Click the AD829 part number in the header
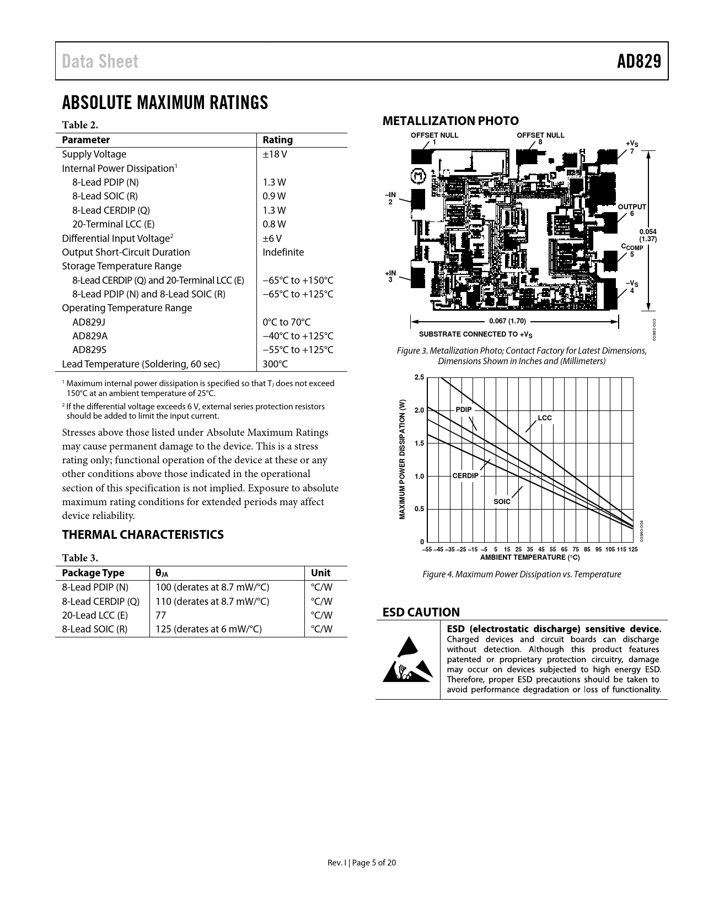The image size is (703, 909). point(638,61)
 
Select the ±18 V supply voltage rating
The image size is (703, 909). point(275,154)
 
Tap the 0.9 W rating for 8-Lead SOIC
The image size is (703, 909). point(274,196)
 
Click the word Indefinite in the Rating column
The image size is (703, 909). point(283,252)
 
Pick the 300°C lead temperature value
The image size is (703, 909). point(275,364)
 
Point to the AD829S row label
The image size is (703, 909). point(89,350)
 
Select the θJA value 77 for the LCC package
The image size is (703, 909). point(160,615)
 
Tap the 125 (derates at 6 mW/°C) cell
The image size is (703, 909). point(208,629)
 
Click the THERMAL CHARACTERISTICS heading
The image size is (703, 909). point(143,534)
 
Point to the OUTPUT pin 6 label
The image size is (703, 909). point(632,209)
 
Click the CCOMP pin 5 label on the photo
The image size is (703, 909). point(632,250)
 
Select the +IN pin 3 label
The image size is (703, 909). point(390,276)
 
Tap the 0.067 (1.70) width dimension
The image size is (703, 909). point(507,321)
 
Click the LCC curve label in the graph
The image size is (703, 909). point(544,418)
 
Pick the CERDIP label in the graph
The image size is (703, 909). point(465,476)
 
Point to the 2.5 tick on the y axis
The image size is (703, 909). point(419,377)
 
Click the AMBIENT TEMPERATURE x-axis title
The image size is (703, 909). point(530,558)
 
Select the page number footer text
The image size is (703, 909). point(362,863)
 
